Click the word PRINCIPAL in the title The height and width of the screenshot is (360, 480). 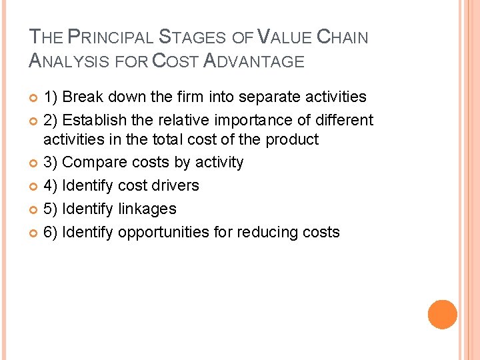pyautogui.click(x=109, y=37)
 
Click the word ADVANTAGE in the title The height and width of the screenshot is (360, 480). pyautogui.click(x=253, y=61)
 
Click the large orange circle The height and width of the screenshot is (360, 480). pyautogui.click(x=443, y=315)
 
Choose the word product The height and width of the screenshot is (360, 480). pyautogui.click(x=292, y=140)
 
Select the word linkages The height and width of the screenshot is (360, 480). pyautogui.click(x=147, y=209)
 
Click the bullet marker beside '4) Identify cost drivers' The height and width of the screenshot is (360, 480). pyautogui.click(x=35, y=186)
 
